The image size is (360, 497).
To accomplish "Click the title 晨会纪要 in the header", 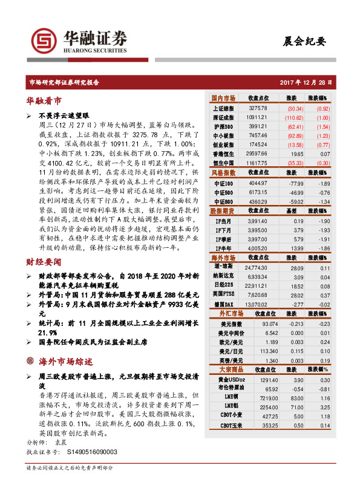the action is point(304,42).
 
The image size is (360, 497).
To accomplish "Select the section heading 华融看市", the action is point(44,100).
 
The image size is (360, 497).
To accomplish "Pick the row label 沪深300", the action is point(224,126).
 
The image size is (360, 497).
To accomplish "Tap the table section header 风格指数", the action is point(223,173).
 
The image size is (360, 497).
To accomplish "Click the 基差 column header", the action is point(292,211).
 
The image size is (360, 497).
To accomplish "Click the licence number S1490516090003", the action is point(85,452).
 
